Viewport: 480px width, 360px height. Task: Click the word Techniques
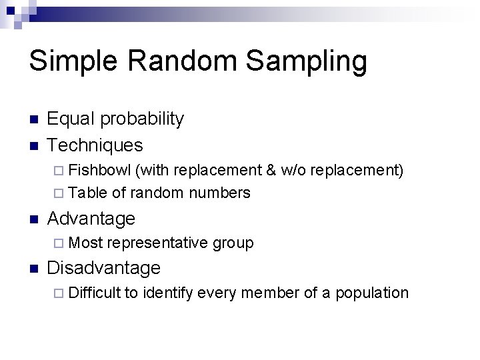tap(95, 145)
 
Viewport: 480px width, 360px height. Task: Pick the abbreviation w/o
tap(293, 170)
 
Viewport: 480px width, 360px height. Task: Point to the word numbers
tap(219, 193)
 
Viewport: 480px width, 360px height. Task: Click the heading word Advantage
tap(91, 218)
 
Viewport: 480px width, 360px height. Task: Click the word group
tap(233, 243)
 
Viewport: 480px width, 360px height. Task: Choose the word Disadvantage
tap(104, 268)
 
